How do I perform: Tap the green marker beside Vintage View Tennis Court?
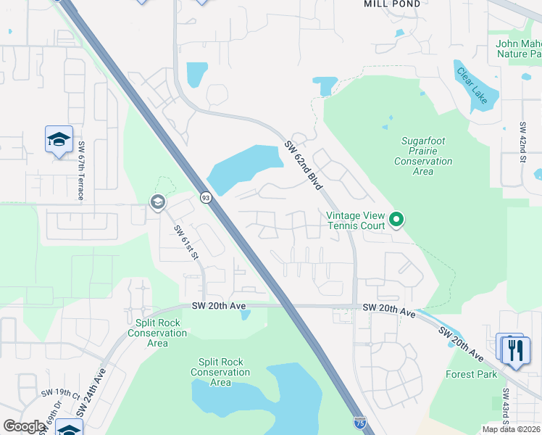pyautogui.click(x=396, y=218)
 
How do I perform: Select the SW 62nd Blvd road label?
pyautogui.click(x=303, y=165)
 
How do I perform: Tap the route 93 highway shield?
pyautogui.click(x=206, y=197)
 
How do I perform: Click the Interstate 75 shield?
pyautogui.click(x=360, y=422)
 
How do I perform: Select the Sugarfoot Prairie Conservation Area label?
pyautogui.click(x=423, y=156)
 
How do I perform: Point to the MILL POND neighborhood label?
pyautogui.click(x=391, y=4)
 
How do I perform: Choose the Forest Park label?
pyautogui.click(x=471, y=375)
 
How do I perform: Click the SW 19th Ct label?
pyautogui.click(x=60, y=396)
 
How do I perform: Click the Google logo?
pyautogui.click(x=24, y=426)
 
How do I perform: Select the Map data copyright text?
pyautogui.click(x=512, y=429)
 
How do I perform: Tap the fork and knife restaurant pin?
pyautogui.click(x=514, y=349)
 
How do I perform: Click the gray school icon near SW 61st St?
pyautogui.click(x=157, y=202)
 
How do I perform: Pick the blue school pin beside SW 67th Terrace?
pyautogui.click(x=59, y=139)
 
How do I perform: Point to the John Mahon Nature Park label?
pyautogui.click(x=517, y=49)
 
